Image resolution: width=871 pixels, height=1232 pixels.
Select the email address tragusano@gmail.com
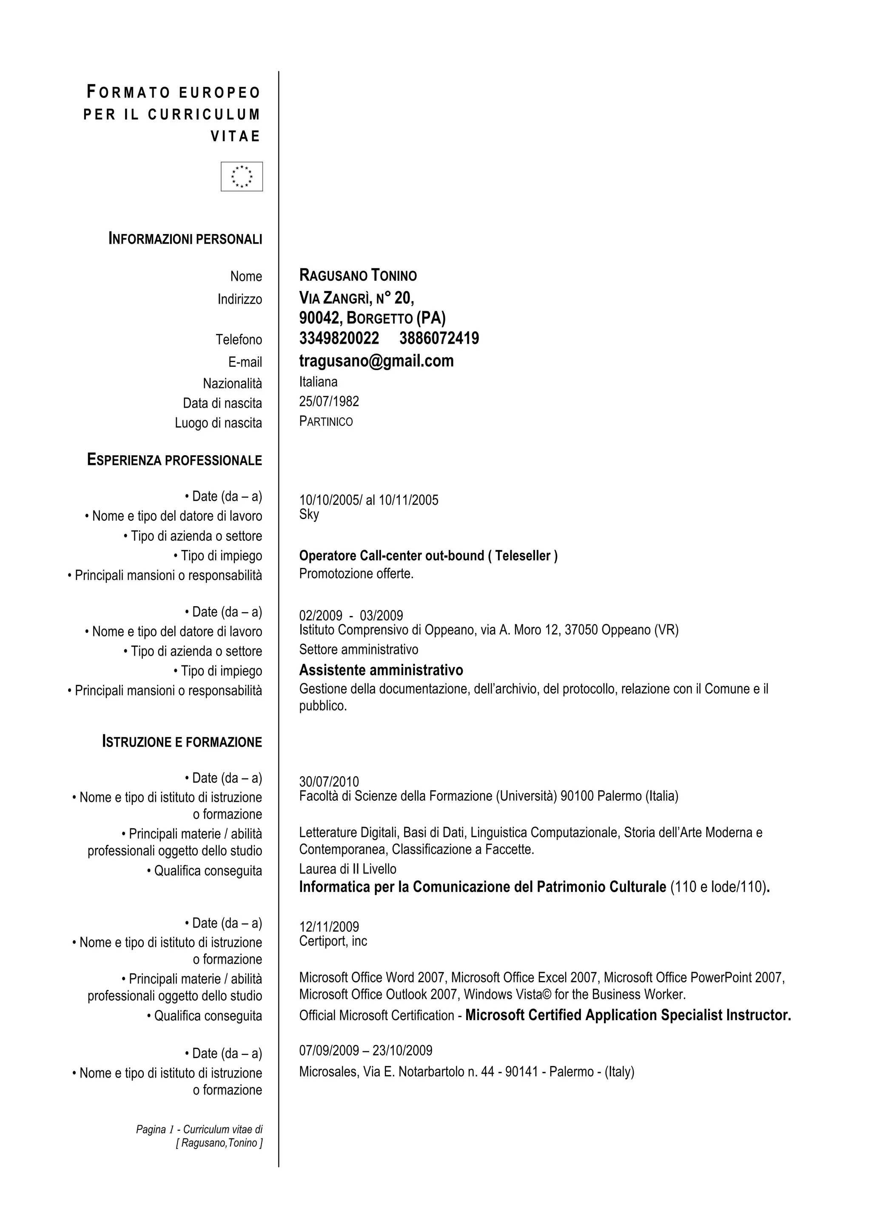[376, 361]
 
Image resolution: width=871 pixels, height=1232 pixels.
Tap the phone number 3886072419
[439, 339]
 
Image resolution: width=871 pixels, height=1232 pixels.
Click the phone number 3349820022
[339, 339]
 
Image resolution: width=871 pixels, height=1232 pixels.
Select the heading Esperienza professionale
[174, 460]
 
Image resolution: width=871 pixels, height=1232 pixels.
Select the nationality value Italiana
[318, 382]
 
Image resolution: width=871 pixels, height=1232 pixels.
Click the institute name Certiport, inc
[333, 941]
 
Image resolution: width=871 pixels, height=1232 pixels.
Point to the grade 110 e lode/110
[718, 887]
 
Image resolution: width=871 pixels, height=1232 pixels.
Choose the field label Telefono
[239, 339]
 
